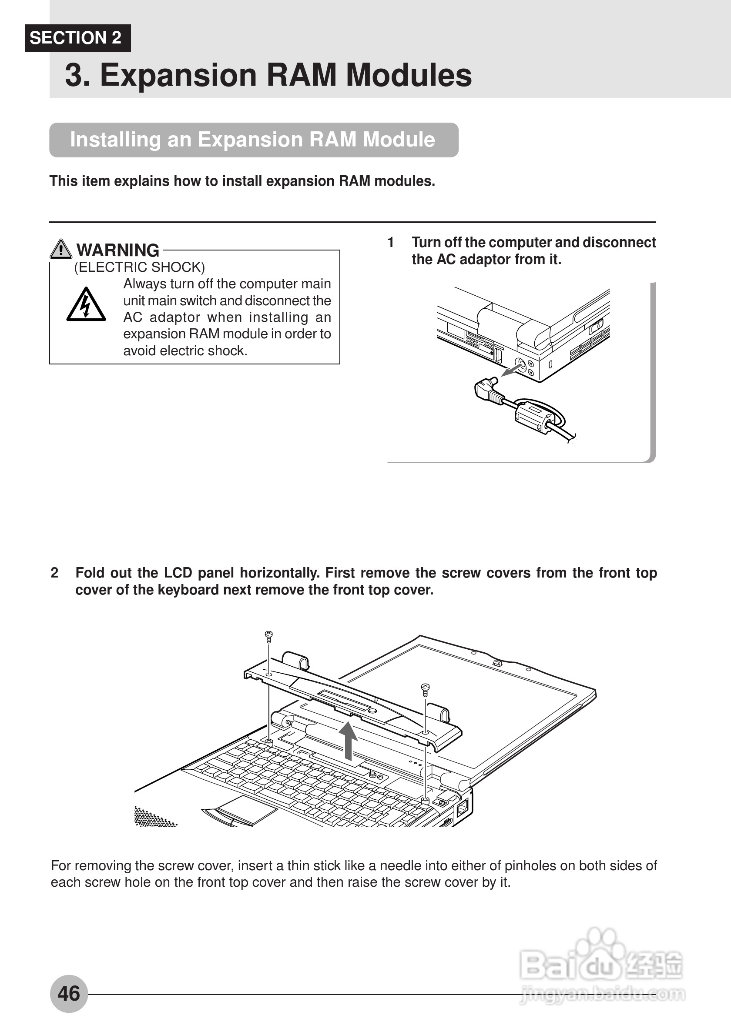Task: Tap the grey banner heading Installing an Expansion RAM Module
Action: pyautogui.click(x=253, y=140)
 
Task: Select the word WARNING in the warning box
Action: pyautogui.click(x=117, y=250)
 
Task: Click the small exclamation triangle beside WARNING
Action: pyautogui.click(x=60, y=249)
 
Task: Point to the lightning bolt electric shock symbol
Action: pyautogui.click(x=86, y=305)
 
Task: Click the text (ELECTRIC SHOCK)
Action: pyautogui.click(x=139, y=267)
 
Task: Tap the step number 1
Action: pyautogui.click(x=391, y=243)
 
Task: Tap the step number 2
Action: pyautogui.click(x=54, y=573)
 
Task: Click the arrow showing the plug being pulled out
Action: pyautogui.click(x=510, y=371)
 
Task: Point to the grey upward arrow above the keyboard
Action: pyautogui.click(x=348, y=739)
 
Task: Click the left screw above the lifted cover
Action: pyautogui.click(x=268, y=637)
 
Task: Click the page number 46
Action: pyautogui.click(x=69, y=994)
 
